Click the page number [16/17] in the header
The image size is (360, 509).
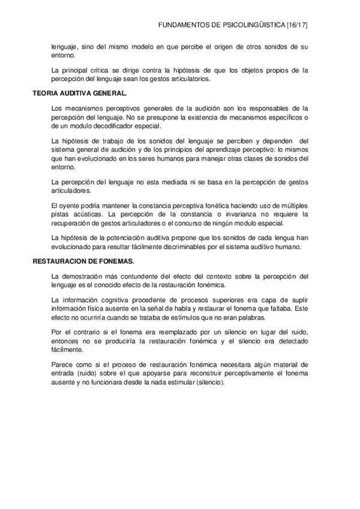tap(298, 26)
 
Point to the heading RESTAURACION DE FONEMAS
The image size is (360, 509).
tap(83, 262)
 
